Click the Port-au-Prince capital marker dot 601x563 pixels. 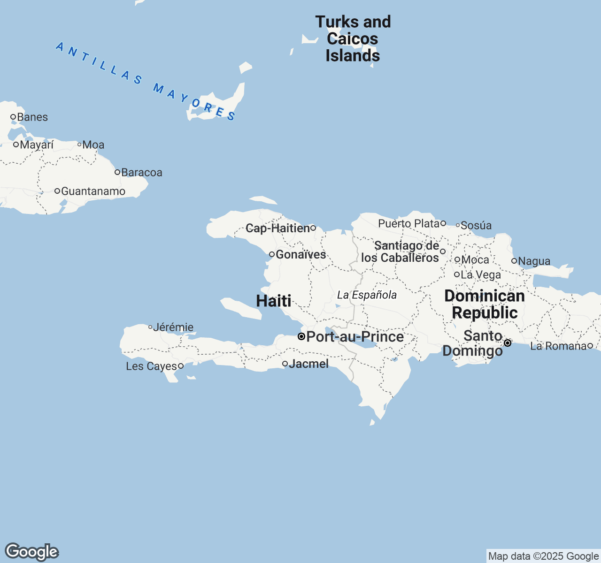pyautogui.click(x=301, y=336)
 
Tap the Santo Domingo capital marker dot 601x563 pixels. pyautogui.click(x=508, y=343)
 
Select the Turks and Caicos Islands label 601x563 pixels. pyautogui.click(x=353, y=39)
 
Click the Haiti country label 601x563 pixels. pyautogui.click(x=274, y=301)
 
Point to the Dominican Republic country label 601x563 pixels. pyautogui.click(x=485, y=304)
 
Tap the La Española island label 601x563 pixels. pyautogui.click(x=367, y=295)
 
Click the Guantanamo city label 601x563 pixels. pyautogui.click(x=93, y=191)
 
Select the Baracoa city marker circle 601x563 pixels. pyautogui.click(x=117, y=172)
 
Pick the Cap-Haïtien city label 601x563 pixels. pyautogui.click(x=277, y=228)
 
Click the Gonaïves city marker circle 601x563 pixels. pyautogui.click(x=271, y=254)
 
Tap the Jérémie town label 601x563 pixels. pyautogui.click(x=173, y=327)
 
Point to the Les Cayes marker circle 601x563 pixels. pyautogui.click(x=180, y=366)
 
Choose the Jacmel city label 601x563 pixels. pyautogui.click(x=308, y=364)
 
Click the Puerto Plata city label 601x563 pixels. pyautogui.click(x=408, y=224)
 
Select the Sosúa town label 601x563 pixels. pyautogui.click(x=476, y=226)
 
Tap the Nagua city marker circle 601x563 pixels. pyautogui.click(x=514, y=261)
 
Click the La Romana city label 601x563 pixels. pyautogui.click(x=558, y=346)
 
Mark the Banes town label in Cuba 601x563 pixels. pyautogui.click(x=32, y=117)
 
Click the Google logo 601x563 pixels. pyautogui.click(x=31, y=552)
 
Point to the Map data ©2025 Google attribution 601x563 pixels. pyautogui.click(x=543, y=556)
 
